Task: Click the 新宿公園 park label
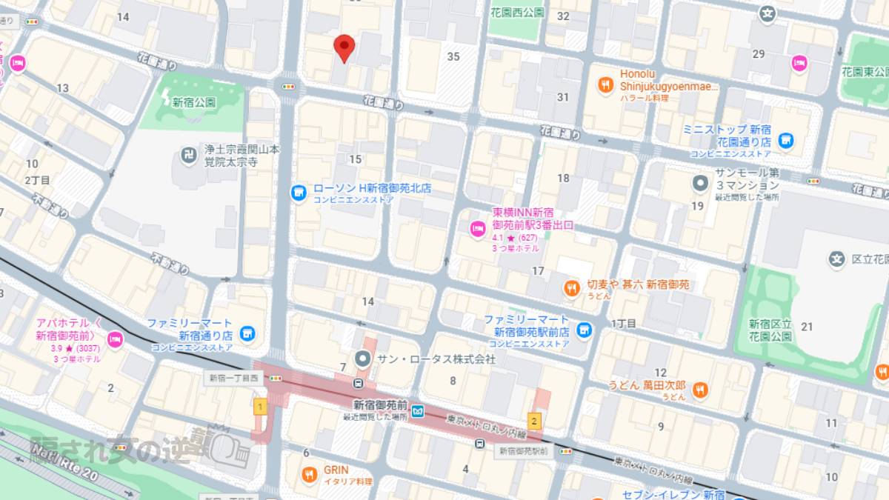(x=193, y=102)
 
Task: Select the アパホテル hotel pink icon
(x=115, y=340)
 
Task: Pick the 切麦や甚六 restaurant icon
(x=571, y=289)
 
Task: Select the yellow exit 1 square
(x=260, y=406)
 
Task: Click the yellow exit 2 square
(x=535, y=422)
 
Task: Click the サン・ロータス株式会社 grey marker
(x=363, y=359)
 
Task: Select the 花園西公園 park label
(x=517, y=13)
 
